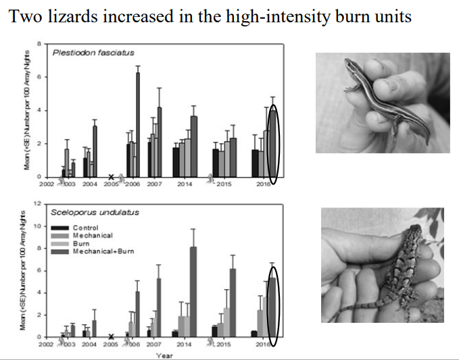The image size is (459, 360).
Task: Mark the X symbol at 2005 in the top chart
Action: tap(110, 178)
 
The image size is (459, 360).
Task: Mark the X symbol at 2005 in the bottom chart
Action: tap(110, 336)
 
